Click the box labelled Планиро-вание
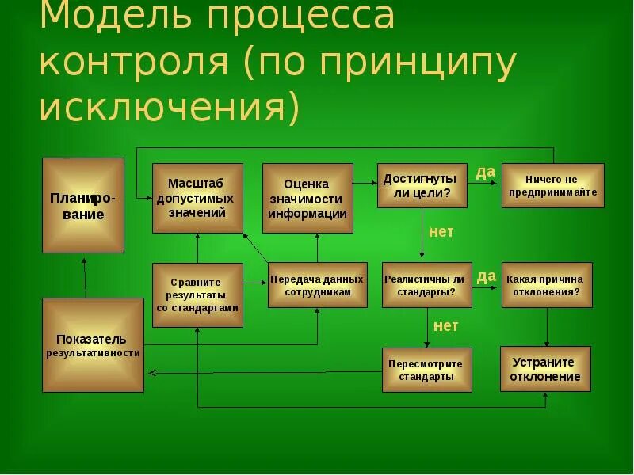coord(83,205)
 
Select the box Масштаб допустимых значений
coord(197,198)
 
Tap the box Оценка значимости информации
coord(307,198)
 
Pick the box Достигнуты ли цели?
coord(422,185)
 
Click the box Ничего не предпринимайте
coord(553,185)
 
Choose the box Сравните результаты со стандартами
coord(197,294)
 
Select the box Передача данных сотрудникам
coord(317,285)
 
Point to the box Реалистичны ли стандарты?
coord(426,285)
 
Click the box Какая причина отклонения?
coord(547,285)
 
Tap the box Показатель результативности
coord(93,345)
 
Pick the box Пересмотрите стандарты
coord(426,370)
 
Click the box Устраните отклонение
coord(545,369)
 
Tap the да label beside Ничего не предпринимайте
coord(486,171)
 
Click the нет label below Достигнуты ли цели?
coord(441,232)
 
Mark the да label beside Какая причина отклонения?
coord(486,275)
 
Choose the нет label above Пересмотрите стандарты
coord(445,325)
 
